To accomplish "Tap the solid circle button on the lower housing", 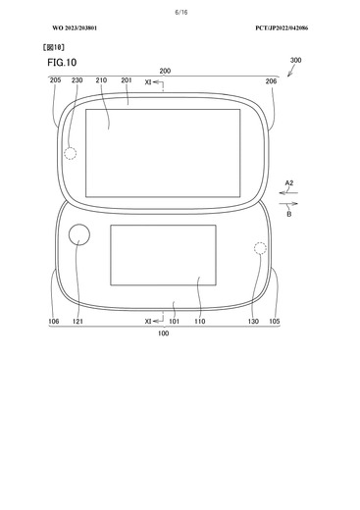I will [x=80, y=235].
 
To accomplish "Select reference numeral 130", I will [x=253, y=321].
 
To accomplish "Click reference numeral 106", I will [x=53, y=321].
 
